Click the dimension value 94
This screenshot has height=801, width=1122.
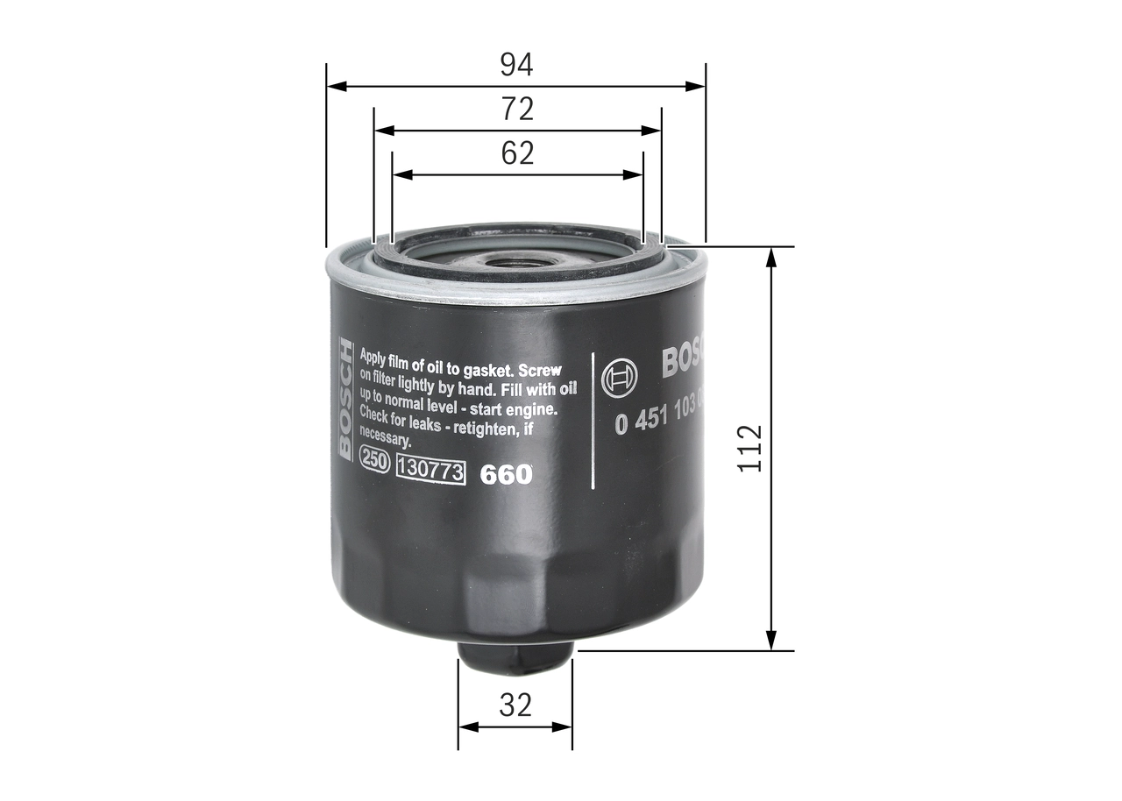click(516, 64)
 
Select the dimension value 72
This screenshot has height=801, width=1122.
click(517, 109)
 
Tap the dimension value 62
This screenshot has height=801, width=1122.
click(517, 153)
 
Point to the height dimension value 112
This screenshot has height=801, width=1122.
click(750, 449)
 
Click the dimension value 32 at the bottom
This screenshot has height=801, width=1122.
click(515, 705)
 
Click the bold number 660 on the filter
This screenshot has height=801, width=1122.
click(506, 474)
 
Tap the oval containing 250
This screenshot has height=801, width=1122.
click(375, 464)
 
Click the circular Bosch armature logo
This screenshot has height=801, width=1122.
click(621, 379)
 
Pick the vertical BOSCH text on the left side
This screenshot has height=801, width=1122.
click(344, 399)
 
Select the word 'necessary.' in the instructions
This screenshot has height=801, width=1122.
click(385, 441)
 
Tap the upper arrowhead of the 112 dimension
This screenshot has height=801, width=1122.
click(771, 256)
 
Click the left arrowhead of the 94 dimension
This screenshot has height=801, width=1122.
click(336, 87)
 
